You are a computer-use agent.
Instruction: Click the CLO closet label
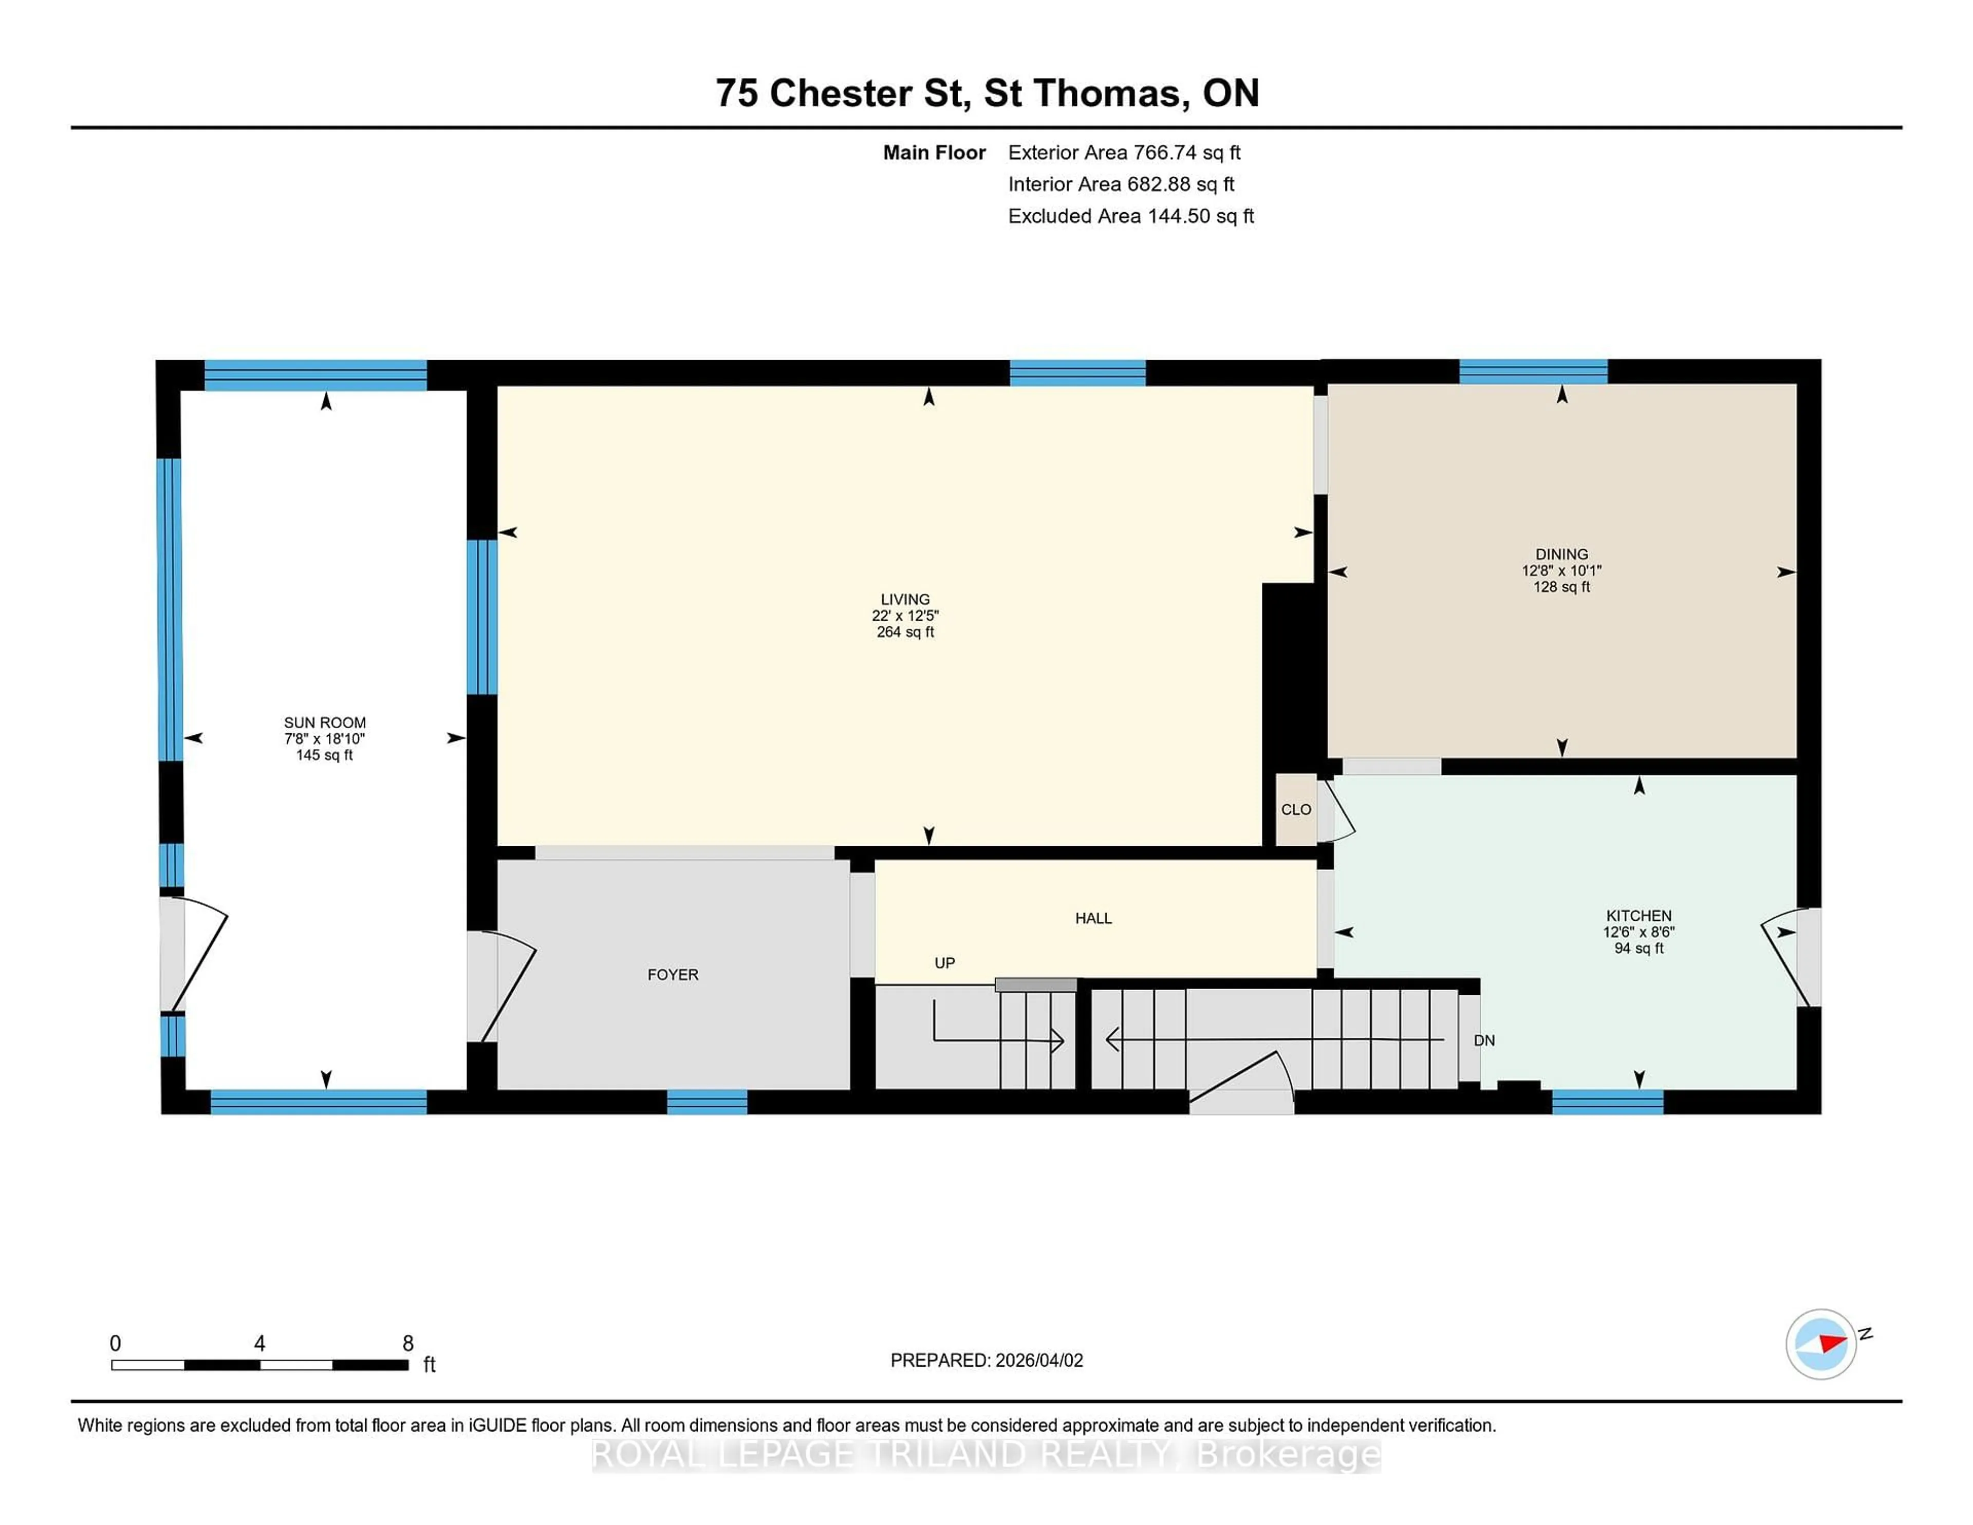[x=1295, y=809]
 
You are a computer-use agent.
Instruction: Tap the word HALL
[x=1093, y=918]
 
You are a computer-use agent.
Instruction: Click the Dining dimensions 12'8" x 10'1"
[x=1561, y=571]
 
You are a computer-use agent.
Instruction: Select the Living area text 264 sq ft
[x=905, y=633]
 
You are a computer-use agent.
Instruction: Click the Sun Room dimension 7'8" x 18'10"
[x=324, y=739]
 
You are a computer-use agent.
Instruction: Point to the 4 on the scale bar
[x=259, y=1344]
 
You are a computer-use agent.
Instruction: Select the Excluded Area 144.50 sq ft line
[x=1130, y=216]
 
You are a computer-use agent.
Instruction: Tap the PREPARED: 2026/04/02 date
[x=986, y=1361]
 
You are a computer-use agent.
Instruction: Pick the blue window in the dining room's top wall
[x=1533, y=371]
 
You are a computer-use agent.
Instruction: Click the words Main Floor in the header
[x=934, y=153]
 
